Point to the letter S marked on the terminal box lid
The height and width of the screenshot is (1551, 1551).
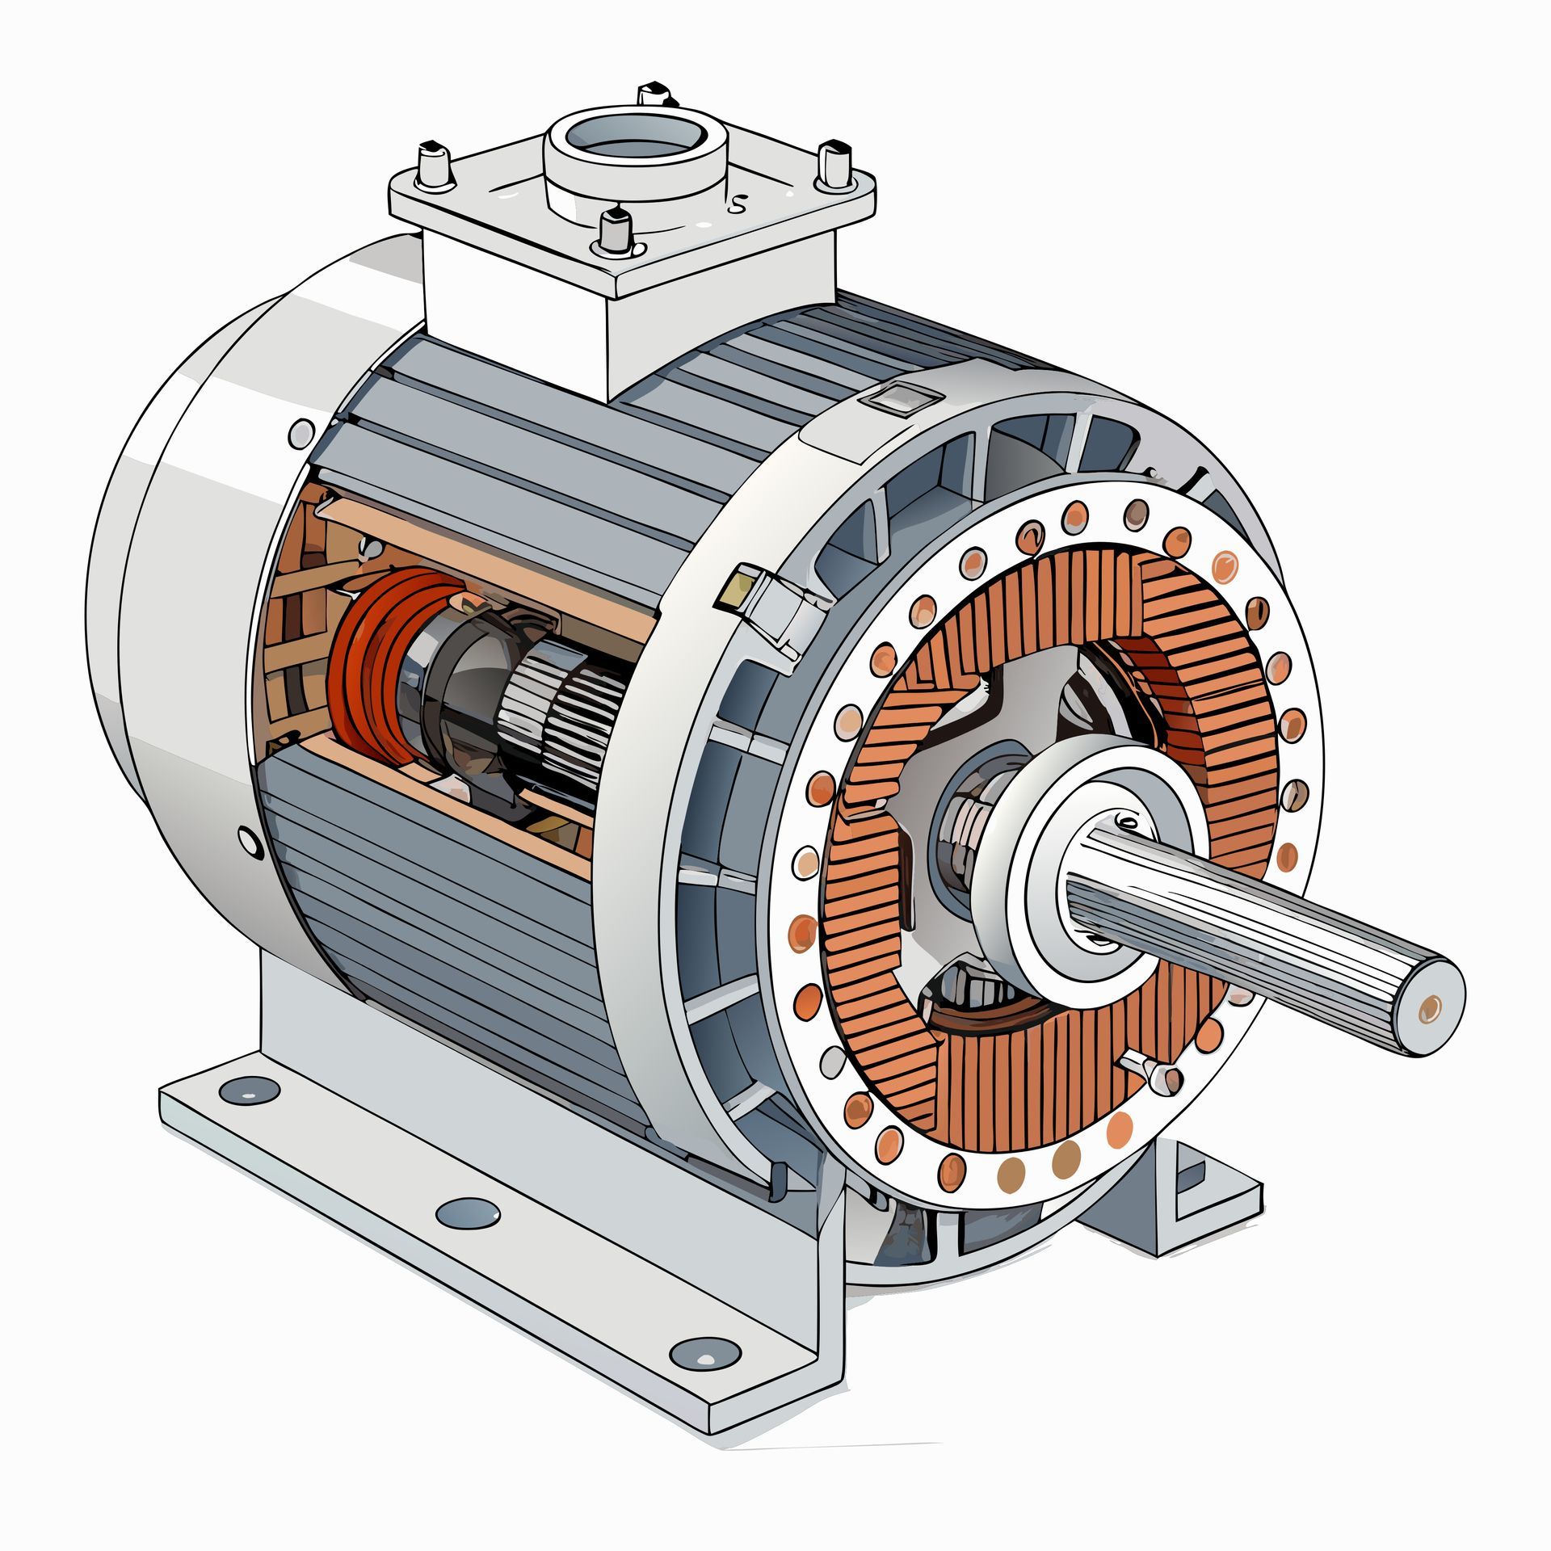[x=737, y=204]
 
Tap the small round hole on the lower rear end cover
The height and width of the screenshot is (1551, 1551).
[x=251, y=843]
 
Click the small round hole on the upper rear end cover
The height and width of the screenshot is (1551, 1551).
[x=301, y=434]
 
